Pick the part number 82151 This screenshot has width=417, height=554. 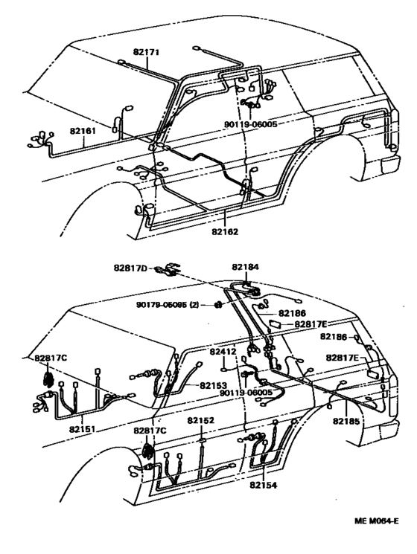pyautogui.click(x=85, y=429)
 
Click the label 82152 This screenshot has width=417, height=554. pyautogui.click(x=200, y=420)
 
